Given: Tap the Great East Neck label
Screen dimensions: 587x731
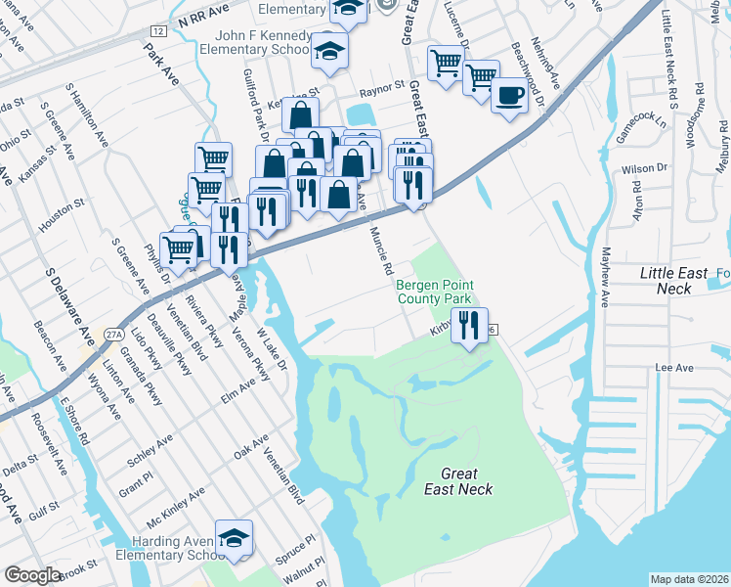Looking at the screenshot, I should [x=457, y=481].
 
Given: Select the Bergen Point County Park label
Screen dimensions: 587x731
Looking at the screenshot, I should [x=434, y=292].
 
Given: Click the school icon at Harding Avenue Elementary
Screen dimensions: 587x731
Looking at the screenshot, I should [x=235, y=538].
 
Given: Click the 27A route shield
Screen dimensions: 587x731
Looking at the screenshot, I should [x=114, y=334].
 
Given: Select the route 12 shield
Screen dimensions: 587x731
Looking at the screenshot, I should [x=158, y=32].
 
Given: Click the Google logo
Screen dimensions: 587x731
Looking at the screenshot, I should [x=32, y=574].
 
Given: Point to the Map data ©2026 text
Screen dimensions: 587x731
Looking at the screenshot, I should [x=689, y=579].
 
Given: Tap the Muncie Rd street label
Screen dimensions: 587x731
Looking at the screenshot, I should [x=381, y=250].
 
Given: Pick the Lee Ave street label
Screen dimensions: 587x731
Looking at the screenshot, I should [x=673, y=368].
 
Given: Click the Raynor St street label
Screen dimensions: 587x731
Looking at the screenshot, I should [x=383, y=87].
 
